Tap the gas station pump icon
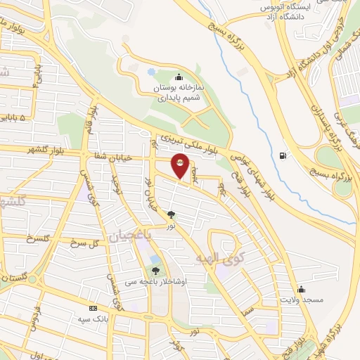(283, 155)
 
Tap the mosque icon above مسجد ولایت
(301, 289)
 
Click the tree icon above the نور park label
(171, 214)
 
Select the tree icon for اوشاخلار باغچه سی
(155, 270)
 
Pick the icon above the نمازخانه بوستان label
(179, 77)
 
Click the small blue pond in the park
(151, 72)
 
